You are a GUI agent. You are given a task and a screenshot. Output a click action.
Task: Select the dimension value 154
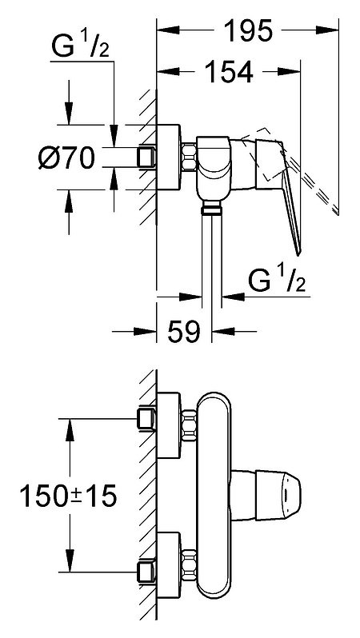[229, 72]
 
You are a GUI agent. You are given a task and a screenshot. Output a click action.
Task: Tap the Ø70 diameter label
[66, 158]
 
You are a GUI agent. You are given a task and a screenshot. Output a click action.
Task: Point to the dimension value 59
[184, 331]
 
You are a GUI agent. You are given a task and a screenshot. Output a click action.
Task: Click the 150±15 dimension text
[68, 496]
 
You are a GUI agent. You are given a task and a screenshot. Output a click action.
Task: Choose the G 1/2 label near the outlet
[277, 281]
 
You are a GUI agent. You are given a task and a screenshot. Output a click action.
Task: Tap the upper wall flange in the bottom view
[169, 425]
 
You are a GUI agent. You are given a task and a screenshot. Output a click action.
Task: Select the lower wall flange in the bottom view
[169, 564]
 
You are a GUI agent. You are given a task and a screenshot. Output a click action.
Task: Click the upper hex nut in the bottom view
[189, 425]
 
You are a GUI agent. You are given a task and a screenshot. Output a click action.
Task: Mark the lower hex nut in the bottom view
[189, 564]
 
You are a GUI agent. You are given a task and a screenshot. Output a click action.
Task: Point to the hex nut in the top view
[189, 157]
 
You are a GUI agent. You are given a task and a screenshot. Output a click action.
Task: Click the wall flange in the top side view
[169, 157]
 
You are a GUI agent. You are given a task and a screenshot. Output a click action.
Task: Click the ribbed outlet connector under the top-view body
[212, 209]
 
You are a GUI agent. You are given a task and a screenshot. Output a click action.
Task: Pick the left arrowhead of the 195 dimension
[168, 30]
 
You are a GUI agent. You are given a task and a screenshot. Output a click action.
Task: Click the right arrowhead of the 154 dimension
[289, 72]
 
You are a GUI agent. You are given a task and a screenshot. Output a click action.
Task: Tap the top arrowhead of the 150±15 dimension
[70, 429]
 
